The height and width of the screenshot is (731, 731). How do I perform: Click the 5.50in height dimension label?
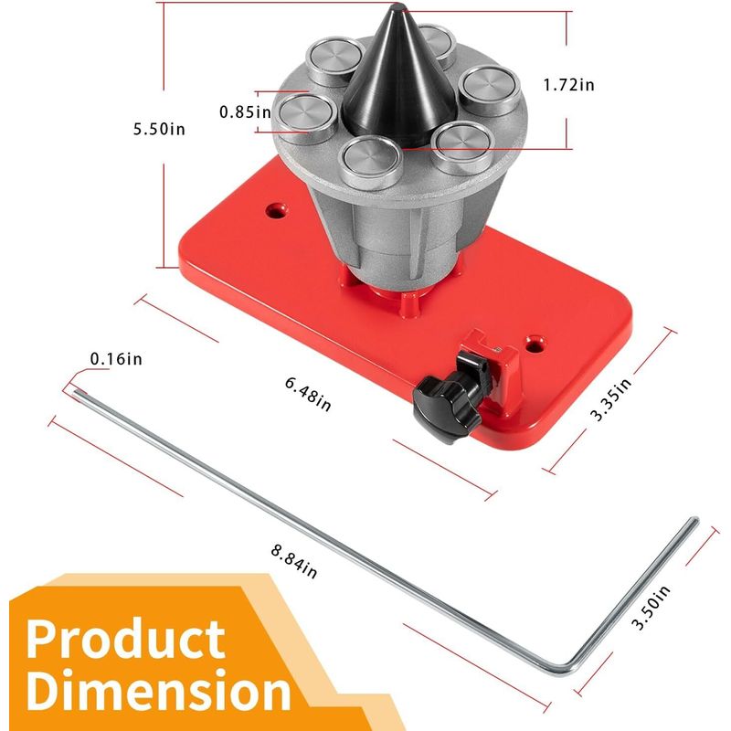tap(159, 129)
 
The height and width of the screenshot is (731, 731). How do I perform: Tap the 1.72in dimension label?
tap(568, 85)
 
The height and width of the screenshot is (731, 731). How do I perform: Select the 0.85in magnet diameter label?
tap(245, 111)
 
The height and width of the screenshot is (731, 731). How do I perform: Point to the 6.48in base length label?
tap(308, 395)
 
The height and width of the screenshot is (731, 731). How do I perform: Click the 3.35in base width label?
tap(611, 399)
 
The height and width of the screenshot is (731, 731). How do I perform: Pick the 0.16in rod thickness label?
tap(116, 359)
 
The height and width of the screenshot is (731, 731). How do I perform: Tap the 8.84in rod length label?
tap(294, 562)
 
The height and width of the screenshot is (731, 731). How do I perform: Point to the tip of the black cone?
tap(397, 5)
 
